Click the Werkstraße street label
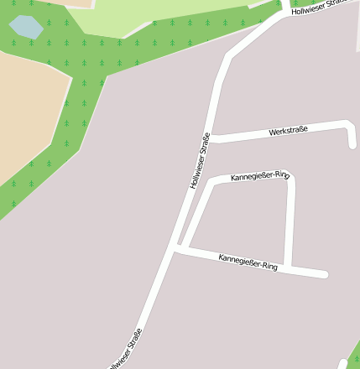click(288, 130)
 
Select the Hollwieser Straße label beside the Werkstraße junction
click(200, 160)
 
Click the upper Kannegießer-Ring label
click(259, 176)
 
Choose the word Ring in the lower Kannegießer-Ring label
click(266, 266)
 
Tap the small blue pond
click(26, 27)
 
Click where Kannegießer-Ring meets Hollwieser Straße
click(175, 248)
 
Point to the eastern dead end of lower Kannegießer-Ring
click(323, 274)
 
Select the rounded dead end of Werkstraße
click(352, 144)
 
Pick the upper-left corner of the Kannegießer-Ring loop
click(212, 180)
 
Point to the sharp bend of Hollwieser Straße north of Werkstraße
click(229, 58)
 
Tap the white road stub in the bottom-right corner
click(343, 364)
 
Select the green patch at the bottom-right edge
click(354, 352)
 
